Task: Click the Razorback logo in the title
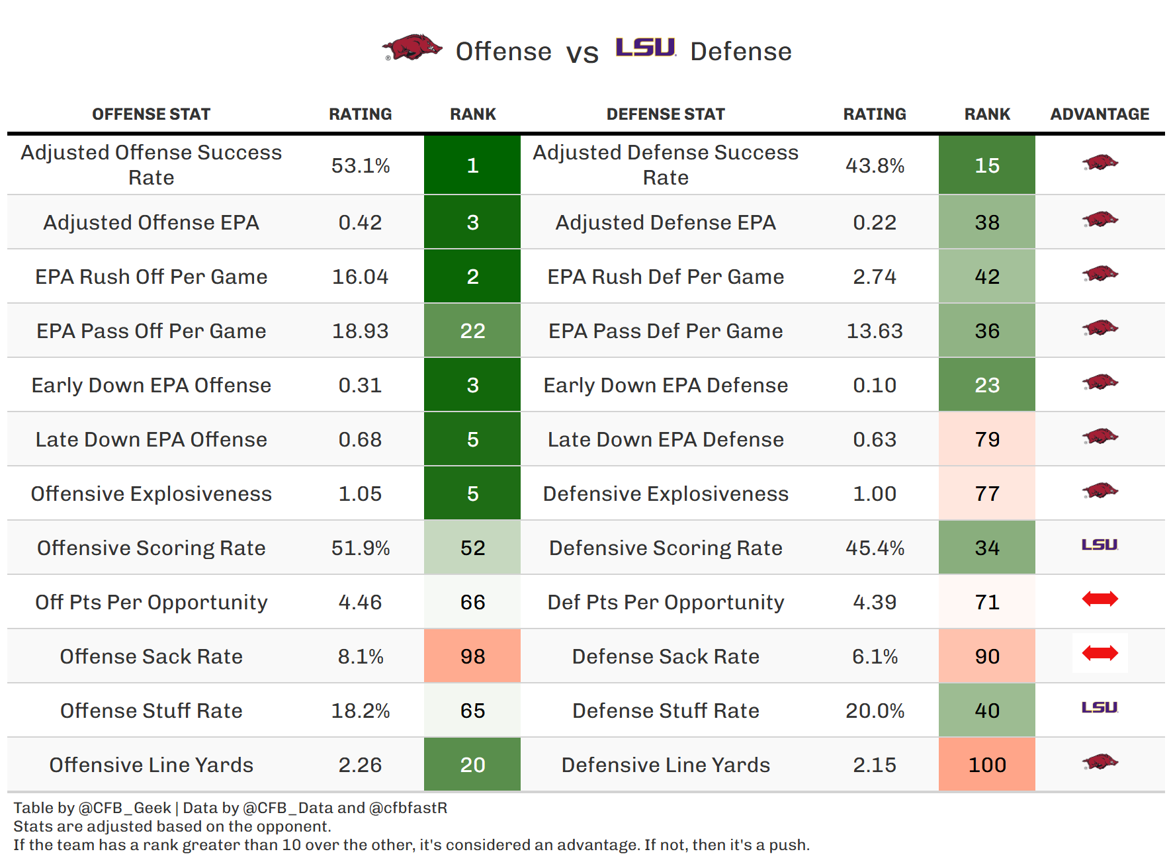point(412,48)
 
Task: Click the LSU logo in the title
point(645,48)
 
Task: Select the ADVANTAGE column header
point(1100,114)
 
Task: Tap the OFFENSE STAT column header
point(151,114)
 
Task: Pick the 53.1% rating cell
point(361,165)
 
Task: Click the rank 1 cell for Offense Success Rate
point(472,165)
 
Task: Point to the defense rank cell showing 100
point(987,765)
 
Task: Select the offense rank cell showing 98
point(472,656)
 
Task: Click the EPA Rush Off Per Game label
point(151,277)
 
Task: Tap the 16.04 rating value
point(361,277)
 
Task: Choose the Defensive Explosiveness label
point(666,494)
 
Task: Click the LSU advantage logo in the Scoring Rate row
point(1100,545)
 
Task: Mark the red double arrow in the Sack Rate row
point(1100,654)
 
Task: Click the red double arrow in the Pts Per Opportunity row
point(1100,599)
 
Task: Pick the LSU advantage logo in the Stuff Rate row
point(1100,708)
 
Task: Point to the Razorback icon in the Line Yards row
point(1100,762)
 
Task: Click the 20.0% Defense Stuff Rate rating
point(875,711)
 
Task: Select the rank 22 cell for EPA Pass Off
point(472,331)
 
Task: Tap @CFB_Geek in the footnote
point(124,808)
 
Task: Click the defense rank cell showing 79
point(987,439)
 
